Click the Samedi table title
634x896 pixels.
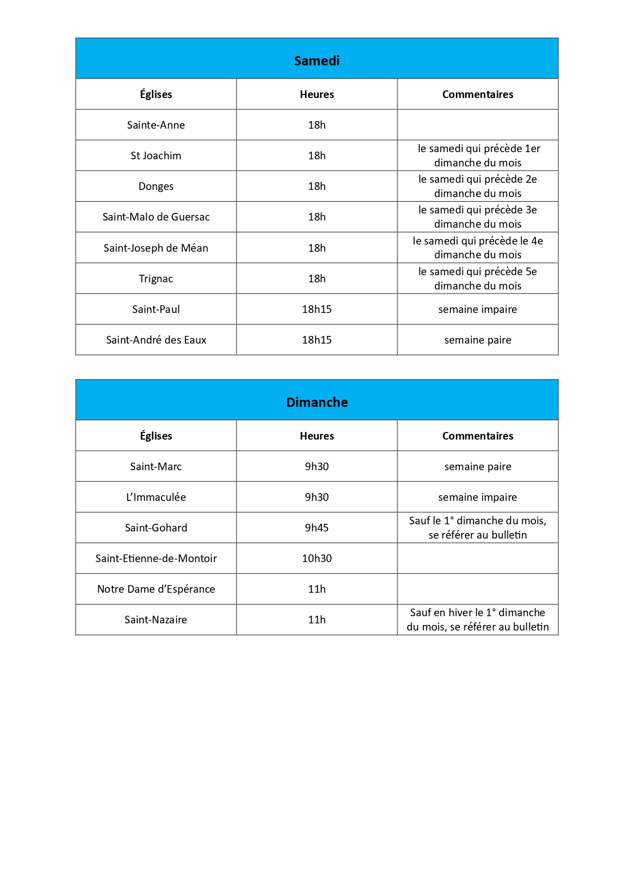317,61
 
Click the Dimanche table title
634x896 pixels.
317,402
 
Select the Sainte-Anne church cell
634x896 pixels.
156,125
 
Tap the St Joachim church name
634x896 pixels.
156,156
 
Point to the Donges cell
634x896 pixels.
156,186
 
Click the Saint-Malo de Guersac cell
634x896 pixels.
156,217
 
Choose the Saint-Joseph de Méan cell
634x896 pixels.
156,248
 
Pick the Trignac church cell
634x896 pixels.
156,279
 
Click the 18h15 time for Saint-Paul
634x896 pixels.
317,309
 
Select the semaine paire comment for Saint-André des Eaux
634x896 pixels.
478,340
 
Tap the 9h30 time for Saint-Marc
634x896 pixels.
317,467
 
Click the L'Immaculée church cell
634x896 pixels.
156,497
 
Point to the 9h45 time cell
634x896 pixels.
317,528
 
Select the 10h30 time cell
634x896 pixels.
317,559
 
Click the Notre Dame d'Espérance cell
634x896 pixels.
156,589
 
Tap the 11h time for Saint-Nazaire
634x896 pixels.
317,620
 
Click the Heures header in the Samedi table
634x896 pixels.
317,94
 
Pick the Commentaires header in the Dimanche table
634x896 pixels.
478,436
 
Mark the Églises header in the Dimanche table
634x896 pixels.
156,436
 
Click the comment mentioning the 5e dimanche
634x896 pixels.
478,279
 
